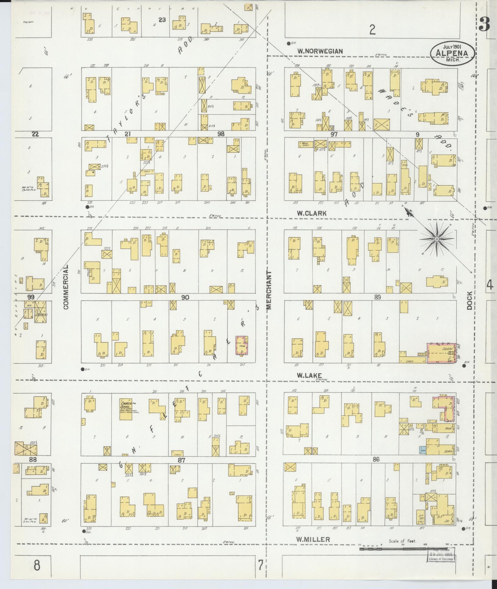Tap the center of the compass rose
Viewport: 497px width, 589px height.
click(x=437, y=239)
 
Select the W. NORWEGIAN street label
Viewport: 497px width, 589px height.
click(x=320, y=51)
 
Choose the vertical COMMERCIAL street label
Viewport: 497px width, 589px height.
click(x=66, y=287)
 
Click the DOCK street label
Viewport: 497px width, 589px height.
click(x=469, y=300)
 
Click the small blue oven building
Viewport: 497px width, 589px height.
click(x=423, y=450)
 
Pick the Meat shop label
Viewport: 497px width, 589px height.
click(x=448, y=429)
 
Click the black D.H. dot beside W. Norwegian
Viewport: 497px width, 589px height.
click(x=288, y=43)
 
